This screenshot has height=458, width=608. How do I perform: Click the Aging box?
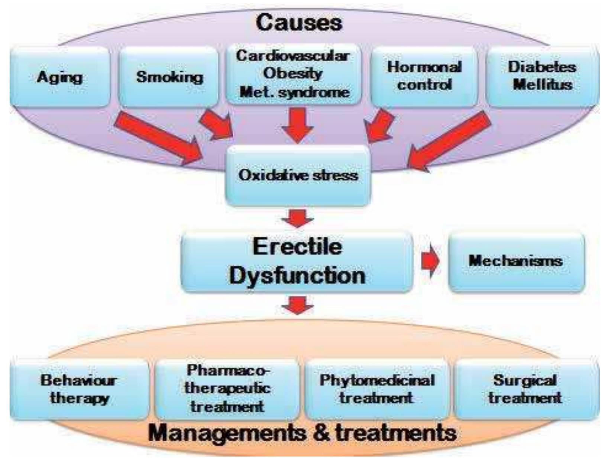(59, 77)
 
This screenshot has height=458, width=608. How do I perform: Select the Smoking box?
(169, 77)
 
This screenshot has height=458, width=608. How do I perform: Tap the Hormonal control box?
(424, 76)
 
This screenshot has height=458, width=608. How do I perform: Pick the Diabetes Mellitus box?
(542, 76)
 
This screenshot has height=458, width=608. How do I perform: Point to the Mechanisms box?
(516, 261)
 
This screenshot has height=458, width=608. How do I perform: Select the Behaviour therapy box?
(79, 389)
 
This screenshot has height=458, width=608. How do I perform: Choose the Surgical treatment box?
(525, 389)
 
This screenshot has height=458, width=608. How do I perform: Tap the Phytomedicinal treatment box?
(376, 389)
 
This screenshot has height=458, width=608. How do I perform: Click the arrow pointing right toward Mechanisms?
(430, 261)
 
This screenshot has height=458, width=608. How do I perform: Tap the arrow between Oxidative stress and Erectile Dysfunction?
(297, 218)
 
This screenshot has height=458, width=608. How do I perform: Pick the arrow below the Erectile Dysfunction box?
(297, 305)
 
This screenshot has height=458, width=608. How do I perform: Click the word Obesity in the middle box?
(292, 73)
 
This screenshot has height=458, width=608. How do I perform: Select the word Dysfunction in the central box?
(297, 276)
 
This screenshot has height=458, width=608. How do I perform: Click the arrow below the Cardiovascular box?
(297, 124)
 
